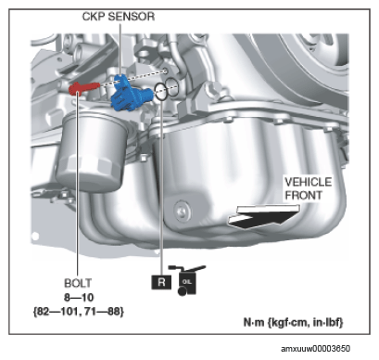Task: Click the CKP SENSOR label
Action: (119, 17)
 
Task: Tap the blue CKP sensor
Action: (132, 94)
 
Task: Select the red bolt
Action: (83, 87)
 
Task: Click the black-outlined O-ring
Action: (161, 92)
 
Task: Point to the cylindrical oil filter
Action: (89, 151)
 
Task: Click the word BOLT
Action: (78, 283)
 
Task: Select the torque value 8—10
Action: (79, 298)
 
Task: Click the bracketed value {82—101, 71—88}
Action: (79, 311)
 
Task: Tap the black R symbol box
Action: (161, 282)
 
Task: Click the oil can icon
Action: (187, 280)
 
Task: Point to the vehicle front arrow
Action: (263, 216)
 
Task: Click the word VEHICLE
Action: (308, 182)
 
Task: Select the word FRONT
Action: (303, 196)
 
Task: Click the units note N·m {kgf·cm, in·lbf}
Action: (293, 322)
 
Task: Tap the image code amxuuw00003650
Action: (315, 349)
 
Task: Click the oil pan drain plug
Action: (182, 211)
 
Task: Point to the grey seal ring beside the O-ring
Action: (172, 87)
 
